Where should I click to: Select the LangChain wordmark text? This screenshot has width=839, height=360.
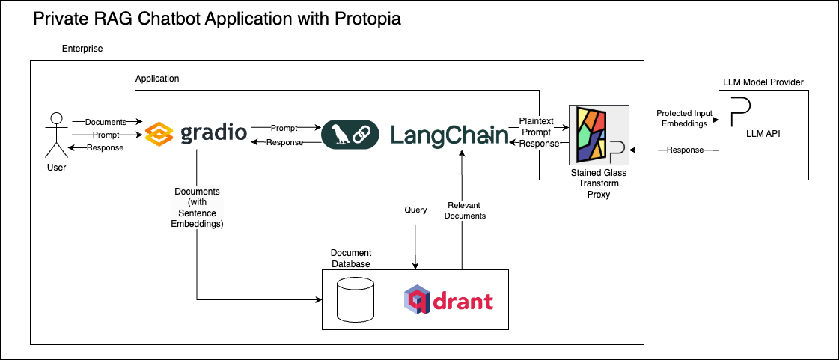tap(449, 135)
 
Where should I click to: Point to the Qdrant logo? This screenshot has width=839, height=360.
tap(448, 301)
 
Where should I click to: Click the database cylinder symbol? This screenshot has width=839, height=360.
tap(356, 300)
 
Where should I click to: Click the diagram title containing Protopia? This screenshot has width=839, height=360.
tap(217, 19)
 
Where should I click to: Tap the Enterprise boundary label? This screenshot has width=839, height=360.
tap(82, 49)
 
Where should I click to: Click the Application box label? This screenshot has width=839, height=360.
tap(157, 79)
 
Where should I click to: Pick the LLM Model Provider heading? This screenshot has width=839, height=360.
tap(763, 82)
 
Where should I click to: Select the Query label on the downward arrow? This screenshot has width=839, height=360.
tap(415, 210)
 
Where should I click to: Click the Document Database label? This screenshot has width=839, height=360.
tap(351, 258)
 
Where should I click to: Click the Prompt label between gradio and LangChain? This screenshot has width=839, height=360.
tap(284, 128)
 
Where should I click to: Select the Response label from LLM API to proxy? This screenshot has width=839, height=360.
tap(685, 150)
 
